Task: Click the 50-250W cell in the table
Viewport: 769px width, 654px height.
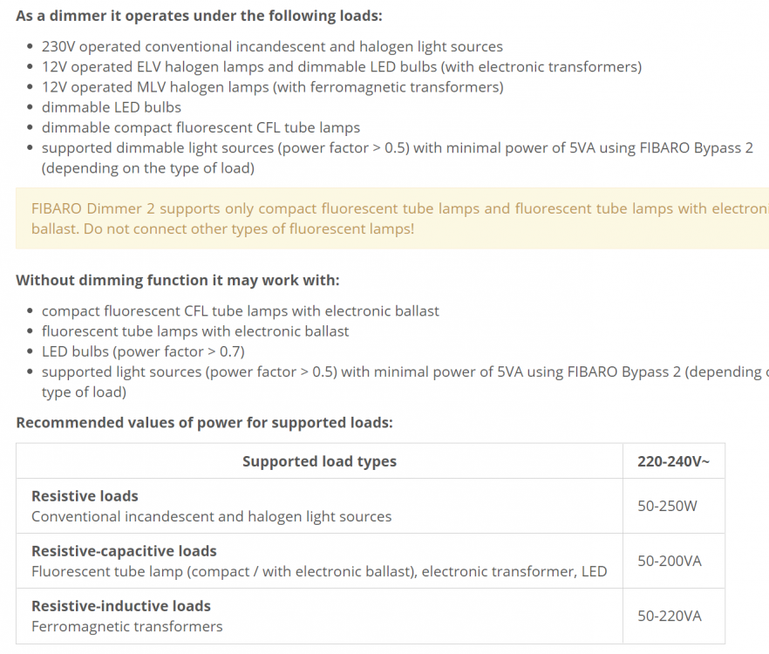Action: (x=667, y=506)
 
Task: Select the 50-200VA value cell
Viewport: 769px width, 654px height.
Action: (x=669, y=561)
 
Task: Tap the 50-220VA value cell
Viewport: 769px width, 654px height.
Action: (x=669, y=616)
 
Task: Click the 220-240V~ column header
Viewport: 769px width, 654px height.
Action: (x=667, y=461)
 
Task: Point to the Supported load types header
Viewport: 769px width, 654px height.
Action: (x=319, y=461)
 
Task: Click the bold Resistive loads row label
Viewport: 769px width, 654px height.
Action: (x=85, y=496)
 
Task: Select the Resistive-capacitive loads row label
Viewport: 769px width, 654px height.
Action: (x=124, y=551)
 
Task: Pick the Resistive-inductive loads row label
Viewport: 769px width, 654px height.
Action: (x=121, y=606)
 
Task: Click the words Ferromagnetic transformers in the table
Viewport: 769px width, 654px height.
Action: (x=126, y=626)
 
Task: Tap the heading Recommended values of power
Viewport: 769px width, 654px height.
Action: (x=204, y=423)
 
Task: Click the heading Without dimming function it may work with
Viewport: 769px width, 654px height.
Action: (x=178, y=280)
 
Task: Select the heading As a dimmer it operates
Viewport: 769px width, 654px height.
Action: (x=199, y=16)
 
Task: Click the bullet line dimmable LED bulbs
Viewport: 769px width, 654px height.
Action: (x=112, y=107)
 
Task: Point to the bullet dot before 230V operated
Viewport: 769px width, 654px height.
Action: (x=31, y=47)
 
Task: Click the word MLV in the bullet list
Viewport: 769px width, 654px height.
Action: (x=148, y=87)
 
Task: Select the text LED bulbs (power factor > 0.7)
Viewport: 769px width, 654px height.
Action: (x=143, y=351)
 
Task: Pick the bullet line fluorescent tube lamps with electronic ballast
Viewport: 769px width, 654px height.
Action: (x=195, y=331)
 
